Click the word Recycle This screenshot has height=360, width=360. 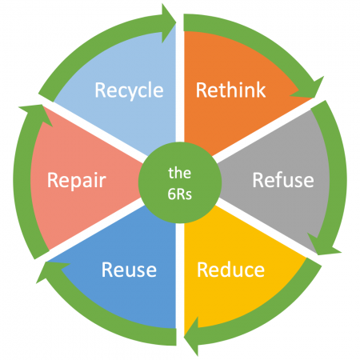129,90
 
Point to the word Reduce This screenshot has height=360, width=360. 230,270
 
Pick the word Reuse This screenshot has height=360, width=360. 129,270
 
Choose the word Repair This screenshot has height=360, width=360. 77,180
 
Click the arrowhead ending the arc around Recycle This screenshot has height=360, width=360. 170,15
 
